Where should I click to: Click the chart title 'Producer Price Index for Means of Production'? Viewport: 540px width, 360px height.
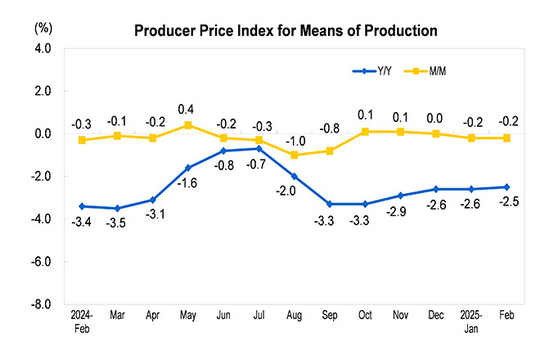tap(286, 31)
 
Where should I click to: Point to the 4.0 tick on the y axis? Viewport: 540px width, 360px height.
tap(43, 49)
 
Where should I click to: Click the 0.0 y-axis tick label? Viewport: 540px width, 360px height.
tap(43, 133)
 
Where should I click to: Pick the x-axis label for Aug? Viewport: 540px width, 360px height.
tap(295, 315)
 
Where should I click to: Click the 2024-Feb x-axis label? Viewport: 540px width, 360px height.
tap(82, 321)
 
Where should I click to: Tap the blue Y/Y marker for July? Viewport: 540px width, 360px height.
tap(259, 148)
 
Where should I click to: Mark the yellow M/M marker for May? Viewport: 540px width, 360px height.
tap(187, 125)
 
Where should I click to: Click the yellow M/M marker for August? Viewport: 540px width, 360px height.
tap(295, 155)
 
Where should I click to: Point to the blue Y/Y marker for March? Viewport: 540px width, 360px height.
tap(117, 208)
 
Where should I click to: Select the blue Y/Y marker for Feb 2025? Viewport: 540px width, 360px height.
tap(506, 187)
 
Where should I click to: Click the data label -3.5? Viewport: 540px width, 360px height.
tap(117, 223)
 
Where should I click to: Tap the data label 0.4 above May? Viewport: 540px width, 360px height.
tap(187, 109)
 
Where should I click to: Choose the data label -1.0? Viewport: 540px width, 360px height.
tap(295, 139)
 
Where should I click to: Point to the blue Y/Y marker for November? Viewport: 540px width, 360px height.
tap(400, 196)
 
